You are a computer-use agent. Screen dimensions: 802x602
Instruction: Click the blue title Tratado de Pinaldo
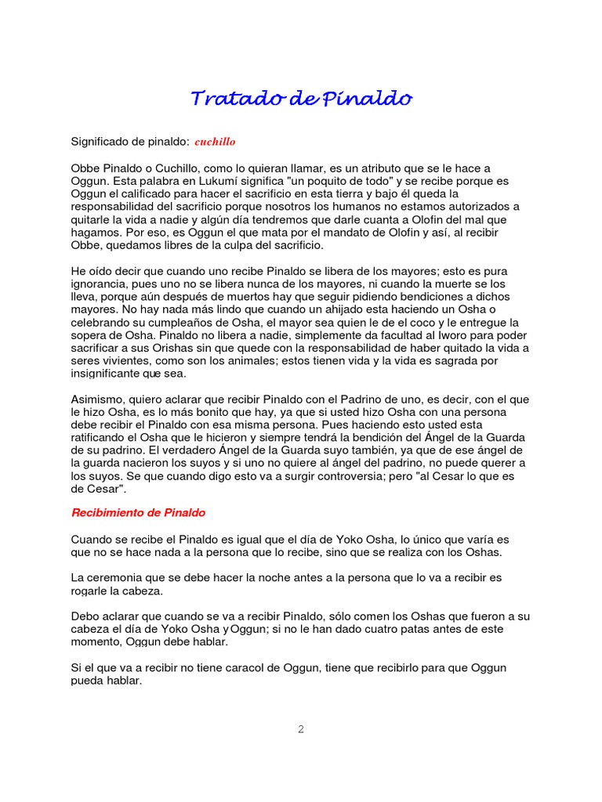[x=301, y=99]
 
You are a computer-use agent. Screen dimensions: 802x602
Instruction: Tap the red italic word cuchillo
[x=215, y=142]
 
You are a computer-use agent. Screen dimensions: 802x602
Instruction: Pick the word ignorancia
[x=100, y=284]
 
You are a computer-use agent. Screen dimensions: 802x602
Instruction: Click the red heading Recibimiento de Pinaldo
[x=138, y=513]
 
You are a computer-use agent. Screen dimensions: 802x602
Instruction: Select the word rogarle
[x=91, y=591]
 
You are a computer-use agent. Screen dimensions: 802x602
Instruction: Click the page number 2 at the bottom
[x=300, y=729]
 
